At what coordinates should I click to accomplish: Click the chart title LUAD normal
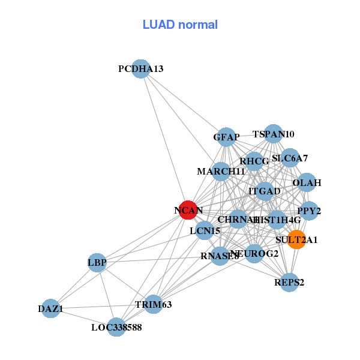(x=180, y=25)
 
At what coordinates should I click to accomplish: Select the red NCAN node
(x=188, y=209)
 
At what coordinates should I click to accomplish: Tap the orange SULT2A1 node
(x=296, y=239)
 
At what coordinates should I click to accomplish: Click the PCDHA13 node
(x=140, y=69)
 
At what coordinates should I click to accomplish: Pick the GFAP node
(x=226, y=137)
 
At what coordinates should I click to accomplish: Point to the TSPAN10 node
(x=274, y=134)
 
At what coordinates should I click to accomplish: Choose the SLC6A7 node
(x=290, y=158)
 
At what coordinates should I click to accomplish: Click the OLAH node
(x=307, y=182)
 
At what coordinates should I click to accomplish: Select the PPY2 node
(x=309, y=211)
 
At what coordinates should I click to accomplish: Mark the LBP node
(x=97, y=262)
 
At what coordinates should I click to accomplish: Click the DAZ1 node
(x=51, y=309)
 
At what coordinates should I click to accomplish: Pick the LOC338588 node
(x=116, y=327)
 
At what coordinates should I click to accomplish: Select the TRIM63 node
(x=153, y=304)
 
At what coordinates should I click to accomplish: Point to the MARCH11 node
(x=221, y=172)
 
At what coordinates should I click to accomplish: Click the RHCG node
(x=254, y=161)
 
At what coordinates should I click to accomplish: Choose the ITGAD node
(x=265, y=191)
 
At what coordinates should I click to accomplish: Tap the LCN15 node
(x=205, y=230)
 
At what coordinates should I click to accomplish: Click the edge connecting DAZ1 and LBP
(x=74, y=286)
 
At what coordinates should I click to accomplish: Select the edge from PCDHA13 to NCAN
(x=164, y=139)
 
